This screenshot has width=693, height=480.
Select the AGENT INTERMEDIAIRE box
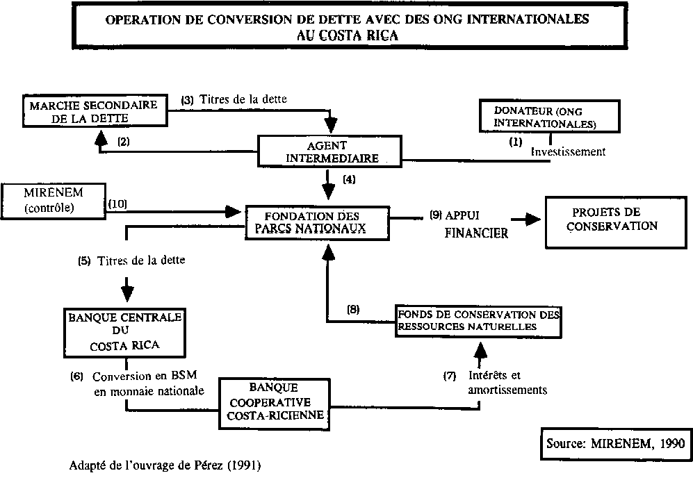pyautogui.click(x=331, y=151)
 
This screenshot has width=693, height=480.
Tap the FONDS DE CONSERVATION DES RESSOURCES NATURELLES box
pyautogui.click(x=478, y=320)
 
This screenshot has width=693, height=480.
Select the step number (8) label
pyautogui.click(x=352, y=310)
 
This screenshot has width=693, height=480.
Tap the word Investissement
pyautogui.click(x=568, y=151)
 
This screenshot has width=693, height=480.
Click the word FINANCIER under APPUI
pyautogui.click(x=476, y=233)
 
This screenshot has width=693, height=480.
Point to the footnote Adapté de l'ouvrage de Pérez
pyautogui.click(x=165, y=465)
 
